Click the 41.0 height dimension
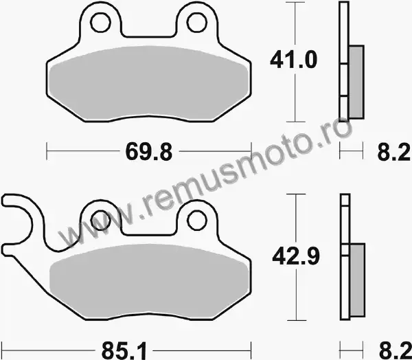[x=293, y=60]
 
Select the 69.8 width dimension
[x=149, y=152]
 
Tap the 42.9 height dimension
[x=296, y=256]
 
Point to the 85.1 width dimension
[x=124, y=351]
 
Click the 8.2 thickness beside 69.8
[x=393, y=152]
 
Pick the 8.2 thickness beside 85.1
[x=395, y=351]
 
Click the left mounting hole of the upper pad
[x=100, y=23]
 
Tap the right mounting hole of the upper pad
[x=197, y=23]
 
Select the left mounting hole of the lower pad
[x=100, y=221]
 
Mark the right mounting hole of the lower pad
[x=197, y=221]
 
